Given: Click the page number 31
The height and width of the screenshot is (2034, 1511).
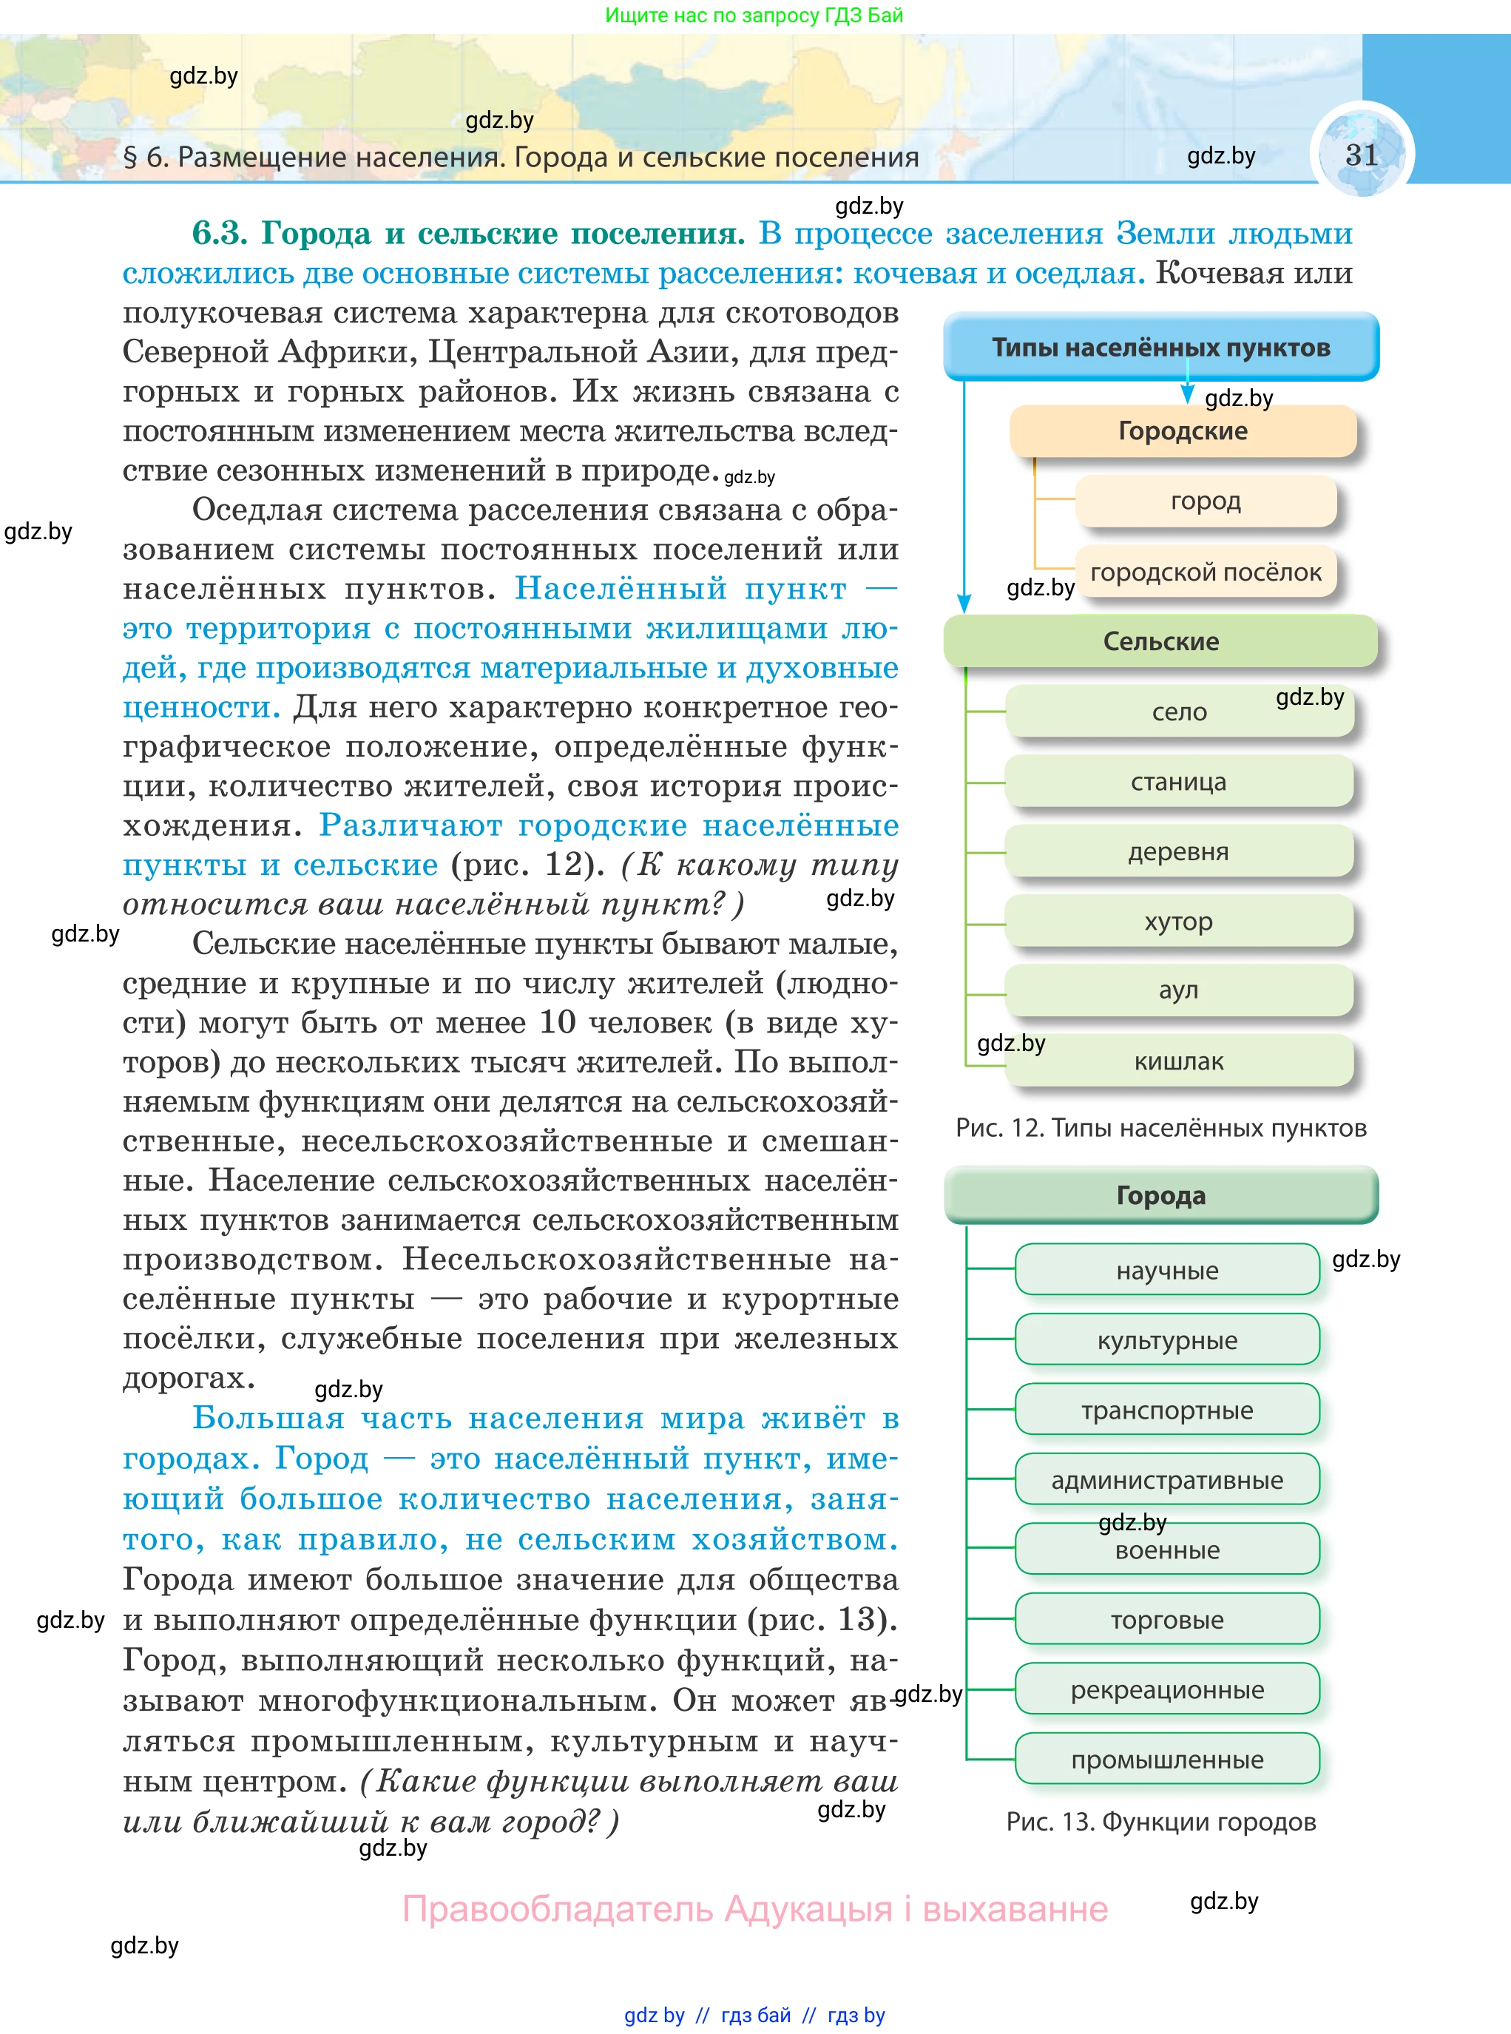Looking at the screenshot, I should tap(1361, 155).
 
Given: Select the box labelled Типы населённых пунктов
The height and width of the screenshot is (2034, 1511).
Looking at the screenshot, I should tap(1160, 348).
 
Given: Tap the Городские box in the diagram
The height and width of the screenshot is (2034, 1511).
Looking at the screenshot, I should tap(1182, 430).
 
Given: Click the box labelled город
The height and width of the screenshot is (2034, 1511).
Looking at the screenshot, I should tap(1205, 501).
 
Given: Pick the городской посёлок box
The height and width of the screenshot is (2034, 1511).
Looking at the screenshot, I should tap(1205, 572).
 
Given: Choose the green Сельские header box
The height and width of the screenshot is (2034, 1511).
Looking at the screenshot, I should tap(1160, 641).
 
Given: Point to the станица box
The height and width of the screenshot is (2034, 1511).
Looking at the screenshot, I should tap(1178, 782).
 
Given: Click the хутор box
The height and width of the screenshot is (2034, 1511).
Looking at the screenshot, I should tap(1178, 921).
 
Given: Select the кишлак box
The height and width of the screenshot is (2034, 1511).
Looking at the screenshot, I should tap(1178, 1061).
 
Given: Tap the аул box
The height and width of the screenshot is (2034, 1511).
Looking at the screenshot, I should tap(1178, 990).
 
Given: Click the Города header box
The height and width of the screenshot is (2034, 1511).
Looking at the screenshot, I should tap(1160, 1195).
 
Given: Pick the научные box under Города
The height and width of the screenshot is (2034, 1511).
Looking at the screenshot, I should tap(1166, 1271).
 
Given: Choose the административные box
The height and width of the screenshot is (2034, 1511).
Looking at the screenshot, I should tap(1166, 1480).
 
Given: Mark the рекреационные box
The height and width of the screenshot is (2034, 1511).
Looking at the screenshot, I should tap(1166, 1689).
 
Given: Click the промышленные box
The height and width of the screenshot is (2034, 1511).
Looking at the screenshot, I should tap(1166, 1760).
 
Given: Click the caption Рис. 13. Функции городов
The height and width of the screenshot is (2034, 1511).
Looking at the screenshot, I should tap(1160, 1822).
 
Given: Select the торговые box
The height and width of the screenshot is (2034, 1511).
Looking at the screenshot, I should tap(1166, 1620).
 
